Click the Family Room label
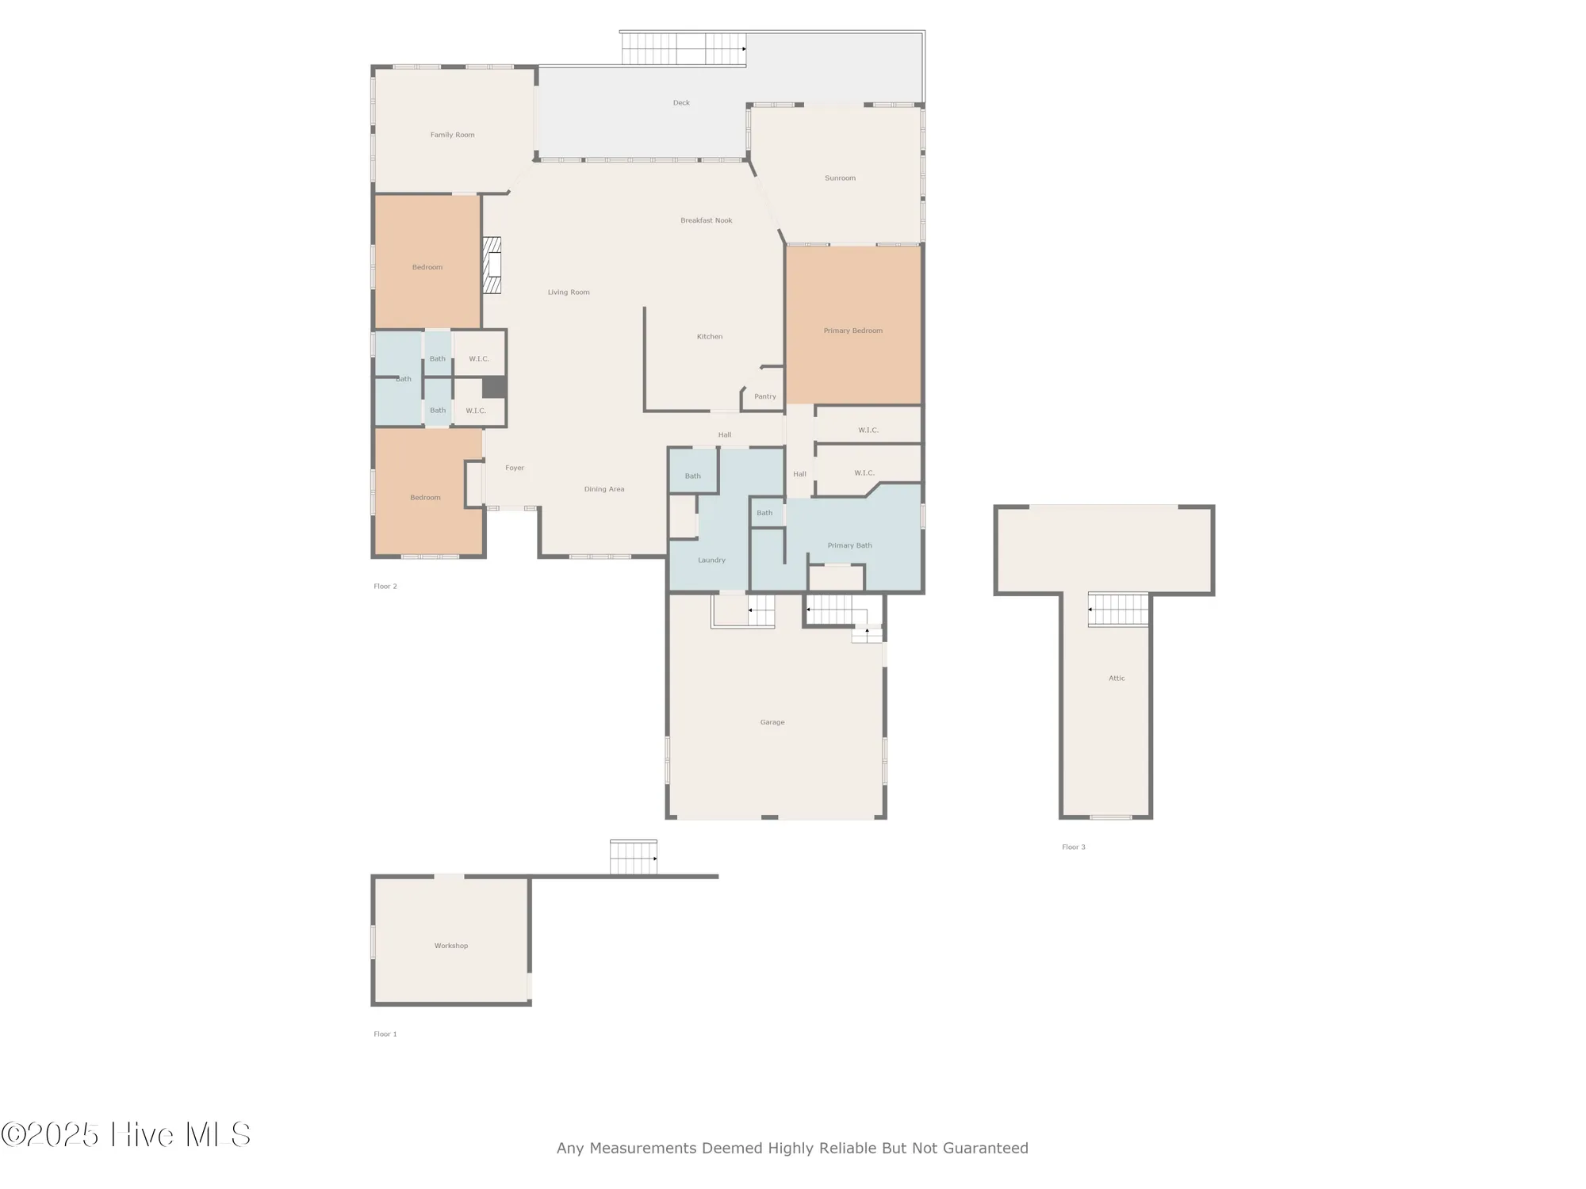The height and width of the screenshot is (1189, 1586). point(452,135)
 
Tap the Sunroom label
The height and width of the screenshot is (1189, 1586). point(840,178)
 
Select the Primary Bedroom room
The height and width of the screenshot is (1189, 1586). point(853,331)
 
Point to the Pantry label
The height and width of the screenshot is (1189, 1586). point(764,396)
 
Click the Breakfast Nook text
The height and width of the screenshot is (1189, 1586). point(706,220)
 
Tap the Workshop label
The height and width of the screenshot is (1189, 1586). point(450,946)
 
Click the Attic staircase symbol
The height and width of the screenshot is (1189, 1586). point(1118,610)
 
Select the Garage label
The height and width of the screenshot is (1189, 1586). point(772,722)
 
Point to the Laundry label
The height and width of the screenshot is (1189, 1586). point(711,560)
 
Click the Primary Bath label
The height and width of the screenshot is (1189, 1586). point(849,545)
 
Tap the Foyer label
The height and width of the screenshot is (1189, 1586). point(515,468)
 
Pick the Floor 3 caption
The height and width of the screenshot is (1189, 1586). point(1073,847)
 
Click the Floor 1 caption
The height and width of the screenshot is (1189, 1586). point(385,1034)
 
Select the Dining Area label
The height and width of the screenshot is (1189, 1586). point(603,489)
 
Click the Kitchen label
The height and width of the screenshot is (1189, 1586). point(709,337)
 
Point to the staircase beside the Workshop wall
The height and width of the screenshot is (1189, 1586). point(633,858)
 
